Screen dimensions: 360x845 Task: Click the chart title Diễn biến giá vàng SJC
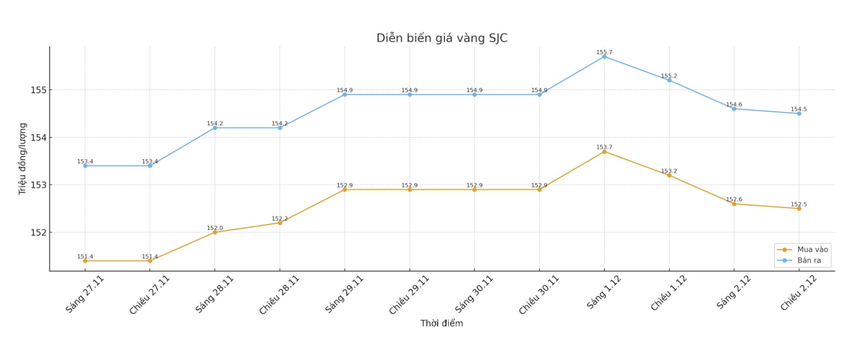(x=442, y=38)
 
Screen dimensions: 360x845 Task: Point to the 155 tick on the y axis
(x=38, y=90)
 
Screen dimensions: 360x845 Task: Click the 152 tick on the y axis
(x=38, y=233)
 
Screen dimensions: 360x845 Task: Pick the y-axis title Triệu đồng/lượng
(x=22, y=159)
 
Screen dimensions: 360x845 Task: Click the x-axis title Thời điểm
(x=442, y=323)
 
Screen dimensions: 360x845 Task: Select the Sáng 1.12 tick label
(x=604, y=292)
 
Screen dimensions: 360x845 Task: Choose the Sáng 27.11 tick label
(x=85, y=294)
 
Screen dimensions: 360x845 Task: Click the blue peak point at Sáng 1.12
(x=604, y=56)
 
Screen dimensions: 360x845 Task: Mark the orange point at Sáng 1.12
(x=604, y=152)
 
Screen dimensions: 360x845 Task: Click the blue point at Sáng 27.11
(x=85, y=166)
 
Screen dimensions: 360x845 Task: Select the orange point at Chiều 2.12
(x=799, y=209)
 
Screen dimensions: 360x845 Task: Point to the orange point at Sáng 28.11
(x=215, y=232)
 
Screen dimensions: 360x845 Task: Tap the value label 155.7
(x=604, y=52)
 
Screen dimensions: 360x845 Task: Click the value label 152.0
(x=215, y=228)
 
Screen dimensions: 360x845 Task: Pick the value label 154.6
(x=734, y=104)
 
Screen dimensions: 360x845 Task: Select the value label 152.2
(x=280, y=218)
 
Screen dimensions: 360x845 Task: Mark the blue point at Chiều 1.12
(x=669, y=80)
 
